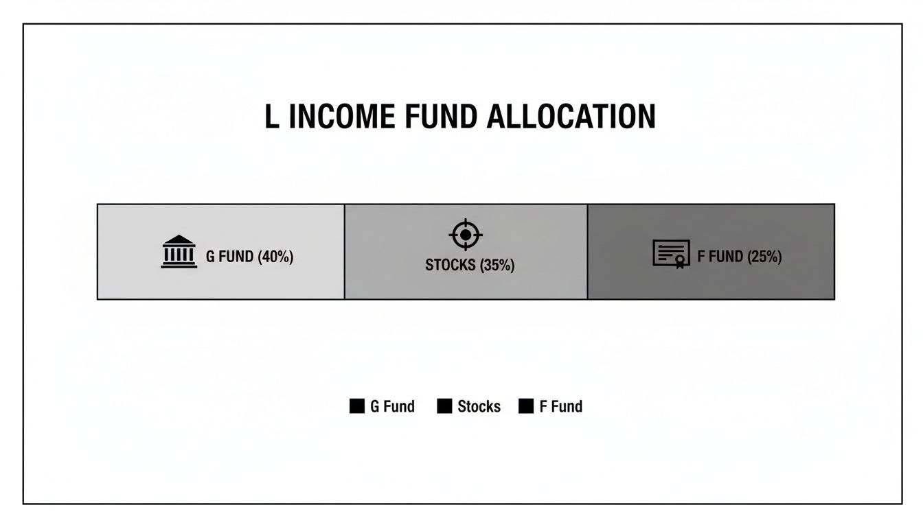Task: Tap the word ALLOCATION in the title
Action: [x=571, y=117]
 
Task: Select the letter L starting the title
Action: [x=272, y=117]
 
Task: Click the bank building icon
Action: [x=179, y=251]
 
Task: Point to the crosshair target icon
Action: [x=466, y=235]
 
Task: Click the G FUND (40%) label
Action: [x=249, y=257]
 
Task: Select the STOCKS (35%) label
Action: [x=470, y=265]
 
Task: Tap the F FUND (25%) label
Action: [x=740, y=257]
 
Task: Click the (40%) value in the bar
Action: [x=275, y=257]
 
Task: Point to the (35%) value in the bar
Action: [x=497, y=265]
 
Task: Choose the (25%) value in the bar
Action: [x=764, y=257]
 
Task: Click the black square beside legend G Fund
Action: [x=357, y=406]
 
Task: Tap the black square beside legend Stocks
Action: [x=444, y=406]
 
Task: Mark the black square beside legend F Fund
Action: [x=526, y=406]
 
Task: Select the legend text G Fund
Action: [x=392, y=406]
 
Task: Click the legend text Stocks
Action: [x=479, y=406]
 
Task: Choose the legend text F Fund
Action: [x=561, y=406]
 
